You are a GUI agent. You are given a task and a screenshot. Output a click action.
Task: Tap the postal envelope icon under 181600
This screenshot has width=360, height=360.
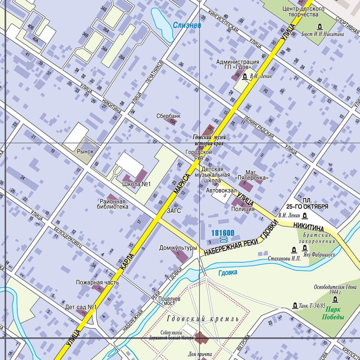click(223, 240)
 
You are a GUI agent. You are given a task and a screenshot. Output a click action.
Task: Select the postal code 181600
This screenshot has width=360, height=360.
click(223, 233)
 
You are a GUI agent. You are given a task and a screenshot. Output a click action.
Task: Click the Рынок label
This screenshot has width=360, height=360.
click(85, 152)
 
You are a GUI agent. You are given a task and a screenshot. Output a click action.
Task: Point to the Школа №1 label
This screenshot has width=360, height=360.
click(136, 184)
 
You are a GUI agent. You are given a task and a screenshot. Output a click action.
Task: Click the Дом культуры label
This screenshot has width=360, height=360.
click(178, 248)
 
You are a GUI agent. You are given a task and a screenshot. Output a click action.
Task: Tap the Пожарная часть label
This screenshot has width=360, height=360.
click(97, 282)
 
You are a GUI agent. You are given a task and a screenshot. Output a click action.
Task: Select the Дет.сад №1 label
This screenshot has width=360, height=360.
click(81, 307)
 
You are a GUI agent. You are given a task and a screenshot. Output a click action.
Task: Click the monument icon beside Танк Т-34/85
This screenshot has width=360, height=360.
click(295, 306)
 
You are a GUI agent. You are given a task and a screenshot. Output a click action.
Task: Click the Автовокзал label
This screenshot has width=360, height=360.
click(221, 190)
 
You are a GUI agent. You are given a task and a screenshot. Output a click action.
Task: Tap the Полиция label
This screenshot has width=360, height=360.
click(243, 209)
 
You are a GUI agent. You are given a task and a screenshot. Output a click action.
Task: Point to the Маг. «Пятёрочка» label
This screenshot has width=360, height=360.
click(256, 175)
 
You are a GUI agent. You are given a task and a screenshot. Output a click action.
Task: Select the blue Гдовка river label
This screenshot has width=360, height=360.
click(227, 272)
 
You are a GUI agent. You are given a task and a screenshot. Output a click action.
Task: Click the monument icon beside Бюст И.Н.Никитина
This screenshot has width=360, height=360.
click(320, 26)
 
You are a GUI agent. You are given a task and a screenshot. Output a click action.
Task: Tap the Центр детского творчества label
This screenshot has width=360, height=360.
click(301, 12)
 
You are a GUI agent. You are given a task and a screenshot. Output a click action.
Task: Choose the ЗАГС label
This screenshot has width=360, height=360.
click(174, 211)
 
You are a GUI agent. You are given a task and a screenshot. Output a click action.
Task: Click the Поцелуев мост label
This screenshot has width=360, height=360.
click(169, 300)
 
